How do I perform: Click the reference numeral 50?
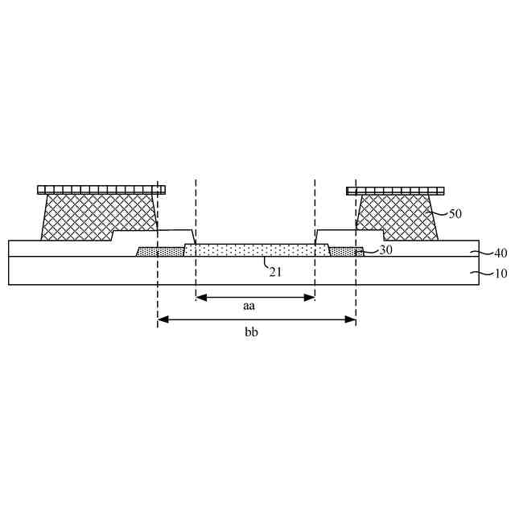[x=455, y=214]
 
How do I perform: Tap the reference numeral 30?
[x=385, y=250]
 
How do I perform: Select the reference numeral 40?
[x=501, y=253]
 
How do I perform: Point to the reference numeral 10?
[x=501, y=274]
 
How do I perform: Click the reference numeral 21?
[x=275, y=272]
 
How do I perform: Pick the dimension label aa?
[x=249, y=306]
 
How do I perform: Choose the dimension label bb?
[x=251, y=332]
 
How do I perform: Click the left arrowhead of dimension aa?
[x=201, y=298]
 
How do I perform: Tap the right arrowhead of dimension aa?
[x=309, y=298]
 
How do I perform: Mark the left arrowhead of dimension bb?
[x=163, y=319]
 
